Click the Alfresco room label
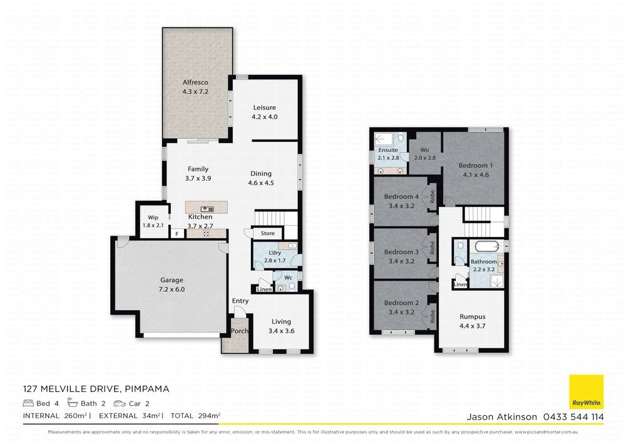coord(195,83)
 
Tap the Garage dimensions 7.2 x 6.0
coord(172,289)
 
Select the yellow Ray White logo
coord(586,392)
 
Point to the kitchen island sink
coord(205,209)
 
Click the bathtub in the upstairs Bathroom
coord(484,246)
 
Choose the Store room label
coord(268,233)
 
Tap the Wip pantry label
coord(153,218)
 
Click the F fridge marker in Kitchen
coord(177,234)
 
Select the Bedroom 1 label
coord(476,166)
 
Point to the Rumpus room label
coord(472,317)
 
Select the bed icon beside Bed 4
coord(28,403)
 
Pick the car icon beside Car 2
coord(120,403)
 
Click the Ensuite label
coord(389,150)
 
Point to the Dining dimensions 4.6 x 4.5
coord(261,183)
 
